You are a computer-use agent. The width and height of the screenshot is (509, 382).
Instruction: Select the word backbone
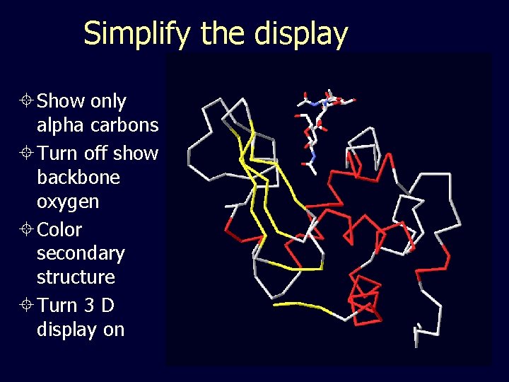(78, 177)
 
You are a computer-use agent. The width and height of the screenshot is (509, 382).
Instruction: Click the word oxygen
(68, 202)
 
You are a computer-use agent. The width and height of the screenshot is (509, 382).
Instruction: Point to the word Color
(59, 230)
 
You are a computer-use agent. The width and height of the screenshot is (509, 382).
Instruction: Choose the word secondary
(81, 253)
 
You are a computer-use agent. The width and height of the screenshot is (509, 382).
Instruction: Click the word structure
(76, 277)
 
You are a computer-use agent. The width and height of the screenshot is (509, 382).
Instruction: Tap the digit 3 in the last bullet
(88, 306)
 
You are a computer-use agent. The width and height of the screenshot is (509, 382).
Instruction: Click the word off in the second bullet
(95, 153)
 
